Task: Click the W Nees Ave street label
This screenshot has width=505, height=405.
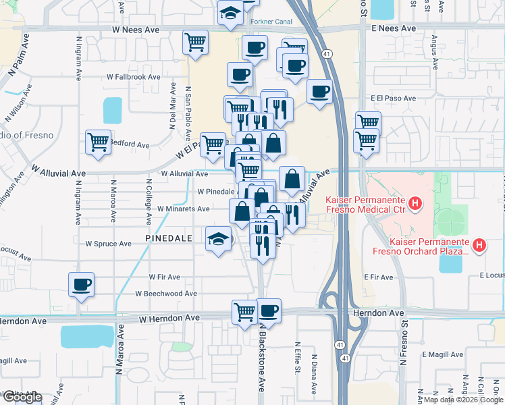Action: click(136, 31)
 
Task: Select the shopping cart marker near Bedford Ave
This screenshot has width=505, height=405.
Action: click(99, 142)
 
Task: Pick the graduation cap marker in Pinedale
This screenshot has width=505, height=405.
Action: click(219, 239)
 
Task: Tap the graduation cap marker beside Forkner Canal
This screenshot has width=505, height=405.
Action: click(231, 12)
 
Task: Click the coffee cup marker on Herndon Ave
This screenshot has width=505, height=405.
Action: click(269, 311)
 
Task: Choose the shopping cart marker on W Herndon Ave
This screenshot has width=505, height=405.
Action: click(244, 311)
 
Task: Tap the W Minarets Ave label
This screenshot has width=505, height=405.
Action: click(183, 209)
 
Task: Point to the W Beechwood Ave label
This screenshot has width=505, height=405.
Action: click(165, 294)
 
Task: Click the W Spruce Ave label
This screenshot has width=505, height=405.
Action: click(108, 243)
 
